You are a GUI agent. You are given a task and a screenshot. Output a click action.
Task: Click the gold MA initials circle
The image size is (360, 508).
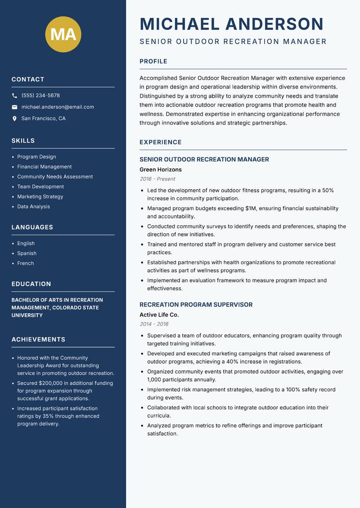tap(63, 34)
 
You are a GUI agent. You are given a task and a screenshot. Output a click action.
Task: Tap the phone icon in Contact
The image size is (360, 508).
tap(14, 96)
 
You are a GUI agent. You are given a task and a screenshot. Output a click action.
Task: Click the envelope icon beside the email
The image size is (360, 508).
tap(14, 107)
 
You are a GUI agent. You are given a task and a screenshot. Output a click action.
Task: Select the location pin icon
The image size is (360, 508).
tap(14, 119)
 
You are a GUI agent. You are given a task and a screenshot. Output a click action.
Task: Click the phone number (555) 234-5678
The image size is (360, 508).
tap(40, 96)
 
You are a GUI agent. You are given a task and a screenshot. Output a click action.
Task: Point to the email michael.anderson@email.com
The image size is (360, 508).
tap(58, 107)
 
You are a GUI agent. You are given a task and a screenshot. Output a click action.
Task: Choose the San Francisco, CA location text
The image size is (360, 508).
tap(43, 119)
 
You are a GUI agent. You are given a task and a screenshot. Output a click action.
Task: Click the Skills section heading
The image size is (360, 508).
tap(23, 141)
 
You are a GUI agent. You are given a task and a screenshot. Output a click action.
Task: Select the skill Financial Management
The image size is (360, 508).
tap(45, 167)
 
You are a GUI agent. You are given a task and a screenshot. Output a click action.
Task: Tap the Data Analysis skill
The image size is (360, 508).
tap(34, 207)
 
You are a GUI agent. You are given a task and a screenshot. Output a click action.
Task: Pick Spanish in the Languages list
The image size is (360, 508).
tap(27, 254)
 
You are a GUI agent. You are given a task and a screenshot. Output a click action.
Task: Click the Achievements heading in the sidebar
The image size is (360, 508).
tap(38, 339)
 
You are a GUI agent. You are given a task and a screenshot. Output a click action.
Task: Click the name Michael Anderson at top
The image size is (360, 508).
tap(232, 24)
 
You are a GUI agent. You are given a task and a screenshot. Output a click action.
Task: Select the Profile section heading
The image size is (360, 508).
tap(153, 62)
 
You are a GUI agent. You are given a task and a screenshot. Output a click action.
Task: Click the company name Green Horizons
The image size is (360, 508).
tap(161, 170)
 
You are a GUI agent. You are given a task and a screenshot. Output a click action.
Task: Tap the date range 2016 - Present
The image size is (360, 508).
tap(157, 179)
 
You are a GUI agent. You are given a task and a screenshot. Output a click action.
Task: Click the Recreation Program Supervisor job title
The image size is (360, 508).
tap(196, 305)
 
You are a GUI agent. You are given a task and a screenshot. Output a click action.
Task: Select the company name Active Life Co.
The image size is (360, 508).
tap(159, 315)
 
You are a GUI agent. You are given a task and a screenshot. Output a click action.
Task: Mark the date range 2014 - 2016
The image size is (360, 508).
tap(154, 324)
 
